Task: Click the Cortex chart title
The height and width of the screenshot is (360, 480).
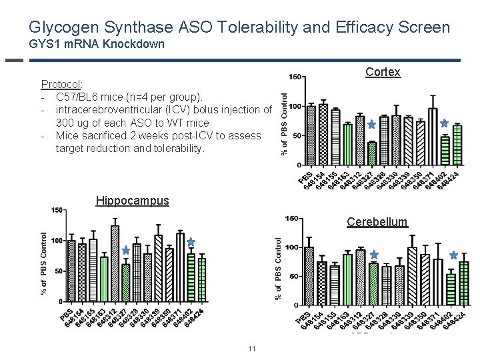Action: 383,72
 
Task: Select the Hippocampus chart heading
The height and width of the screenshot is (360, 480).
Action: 132,200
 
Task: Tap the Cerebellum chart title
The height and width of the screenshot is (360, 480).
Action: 377,222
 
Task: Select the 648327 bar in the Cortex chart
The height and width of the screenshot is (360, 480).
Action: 372,153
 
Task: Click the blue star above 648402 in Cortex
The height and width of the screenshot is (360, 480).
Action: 445,123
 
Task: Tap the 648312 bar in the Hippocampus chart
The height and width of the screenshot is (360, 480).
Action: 115,264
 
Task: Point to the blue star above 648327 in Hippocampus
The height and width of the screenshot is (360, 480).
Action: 125,251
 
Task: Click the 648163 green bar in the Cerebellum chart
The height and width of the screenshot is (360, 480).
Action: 347,279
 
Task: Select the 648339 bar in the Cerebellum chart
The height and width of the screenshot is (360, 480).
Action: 412,277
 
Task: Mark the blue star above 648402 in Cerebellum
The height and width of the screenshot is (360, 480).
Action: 454,255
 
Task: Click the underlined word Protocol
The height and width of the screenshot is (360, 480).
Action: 61,85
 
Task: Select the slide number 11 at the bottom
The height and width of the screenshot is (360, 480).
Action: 251,349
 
